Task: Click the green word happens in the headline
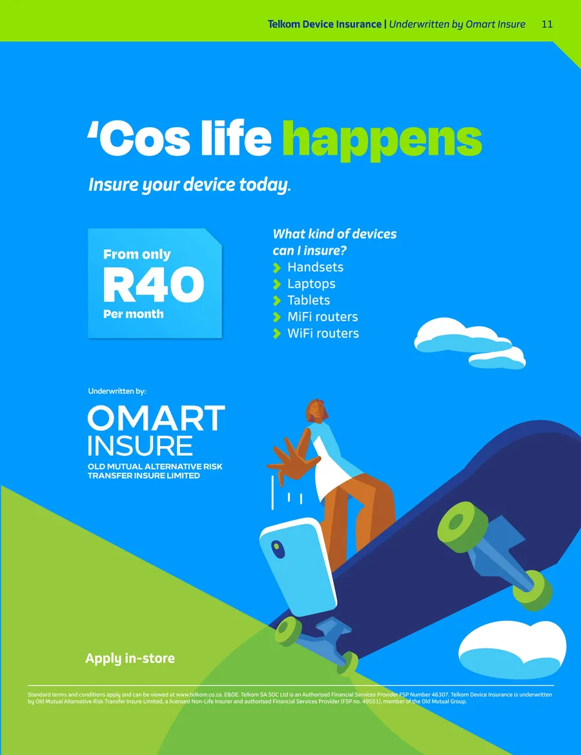pyautogui.click(x=382, y=140)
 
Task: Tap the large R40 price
pyautogui.click(x=154, y=284)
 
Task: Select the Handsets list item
pyautogui.click(x=315, y=267)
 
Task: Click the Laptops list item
pyautogui.click(x=311, y=284)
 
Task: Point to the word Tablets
pyautogui.click(x=309, y=300)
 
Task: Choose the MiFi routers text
pyautogui.click(x=323, y=317)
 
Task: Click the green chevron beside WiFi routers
pyautogui.click(x=277, y=333)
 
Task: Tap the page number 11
pyautogui.click(x=547, y=24)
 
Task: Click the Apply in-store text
pyautogui.click(x=130, y=658)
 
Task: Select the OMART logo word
pyautogui.click(x=156, y=418)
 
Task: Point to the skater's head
pyautogui.click(x=317, y=411)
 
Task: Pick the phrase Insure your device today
pyautogui.click(x=190, y=185)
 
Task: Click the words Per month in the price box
pyautogui.click(x=134, y=314)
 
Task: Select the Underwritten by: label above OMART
pyautogui.click(x=117, y=391)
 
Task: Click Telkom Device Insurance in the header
pyautogui.click(x=325, y=24)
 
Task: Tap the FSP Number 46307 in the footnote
pyautogui.click(x=424, y=695)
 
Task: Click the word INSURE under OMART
pyautogui.click(x=140, y=446)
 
